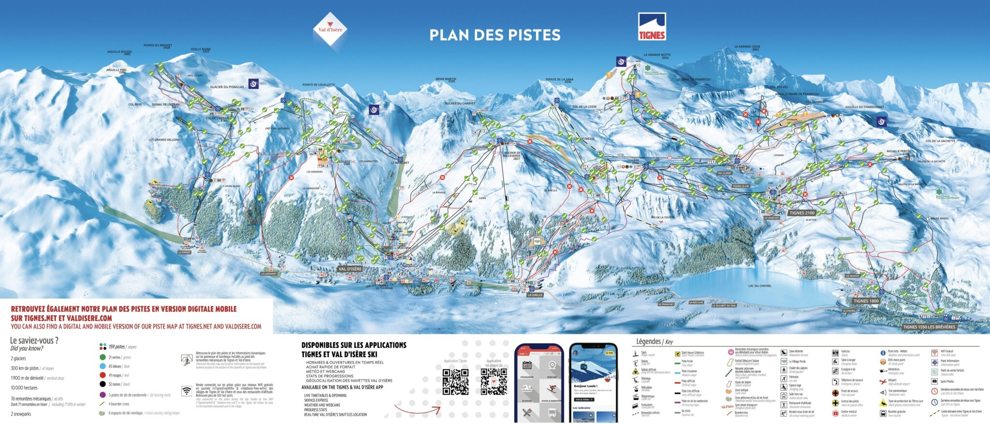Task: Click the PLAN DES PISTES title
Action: (495, 35)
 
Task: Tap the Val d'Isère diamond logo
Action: (330, 29)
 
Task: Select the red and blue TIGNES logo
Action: (652, 27)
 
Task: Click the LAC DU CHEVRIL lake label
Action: (759, 286)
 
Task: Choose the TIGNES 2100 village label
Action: (802, 213)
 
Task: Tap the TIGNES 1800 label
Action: (866, 301)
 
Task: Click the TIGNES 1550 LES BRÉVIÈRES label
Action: (929, 327)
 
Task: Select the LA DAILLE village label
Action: (535, 295)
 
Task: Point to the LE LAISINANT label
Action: (269, 274)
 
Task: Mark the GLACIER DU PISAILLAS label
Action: (227, 87)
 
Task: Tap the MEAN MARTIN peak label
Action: (445, 80)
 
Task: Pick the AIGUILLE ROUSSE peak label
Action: (119, 52)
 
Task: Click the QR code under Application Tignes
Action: (455, 382)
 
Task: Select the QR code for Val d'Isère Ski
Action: (494, 382)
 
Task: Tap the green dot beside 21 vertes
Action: (102, 357)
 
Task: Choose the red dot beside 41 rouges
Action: (102, 375)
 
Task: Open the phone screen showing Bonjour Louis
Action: (593, 383)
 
